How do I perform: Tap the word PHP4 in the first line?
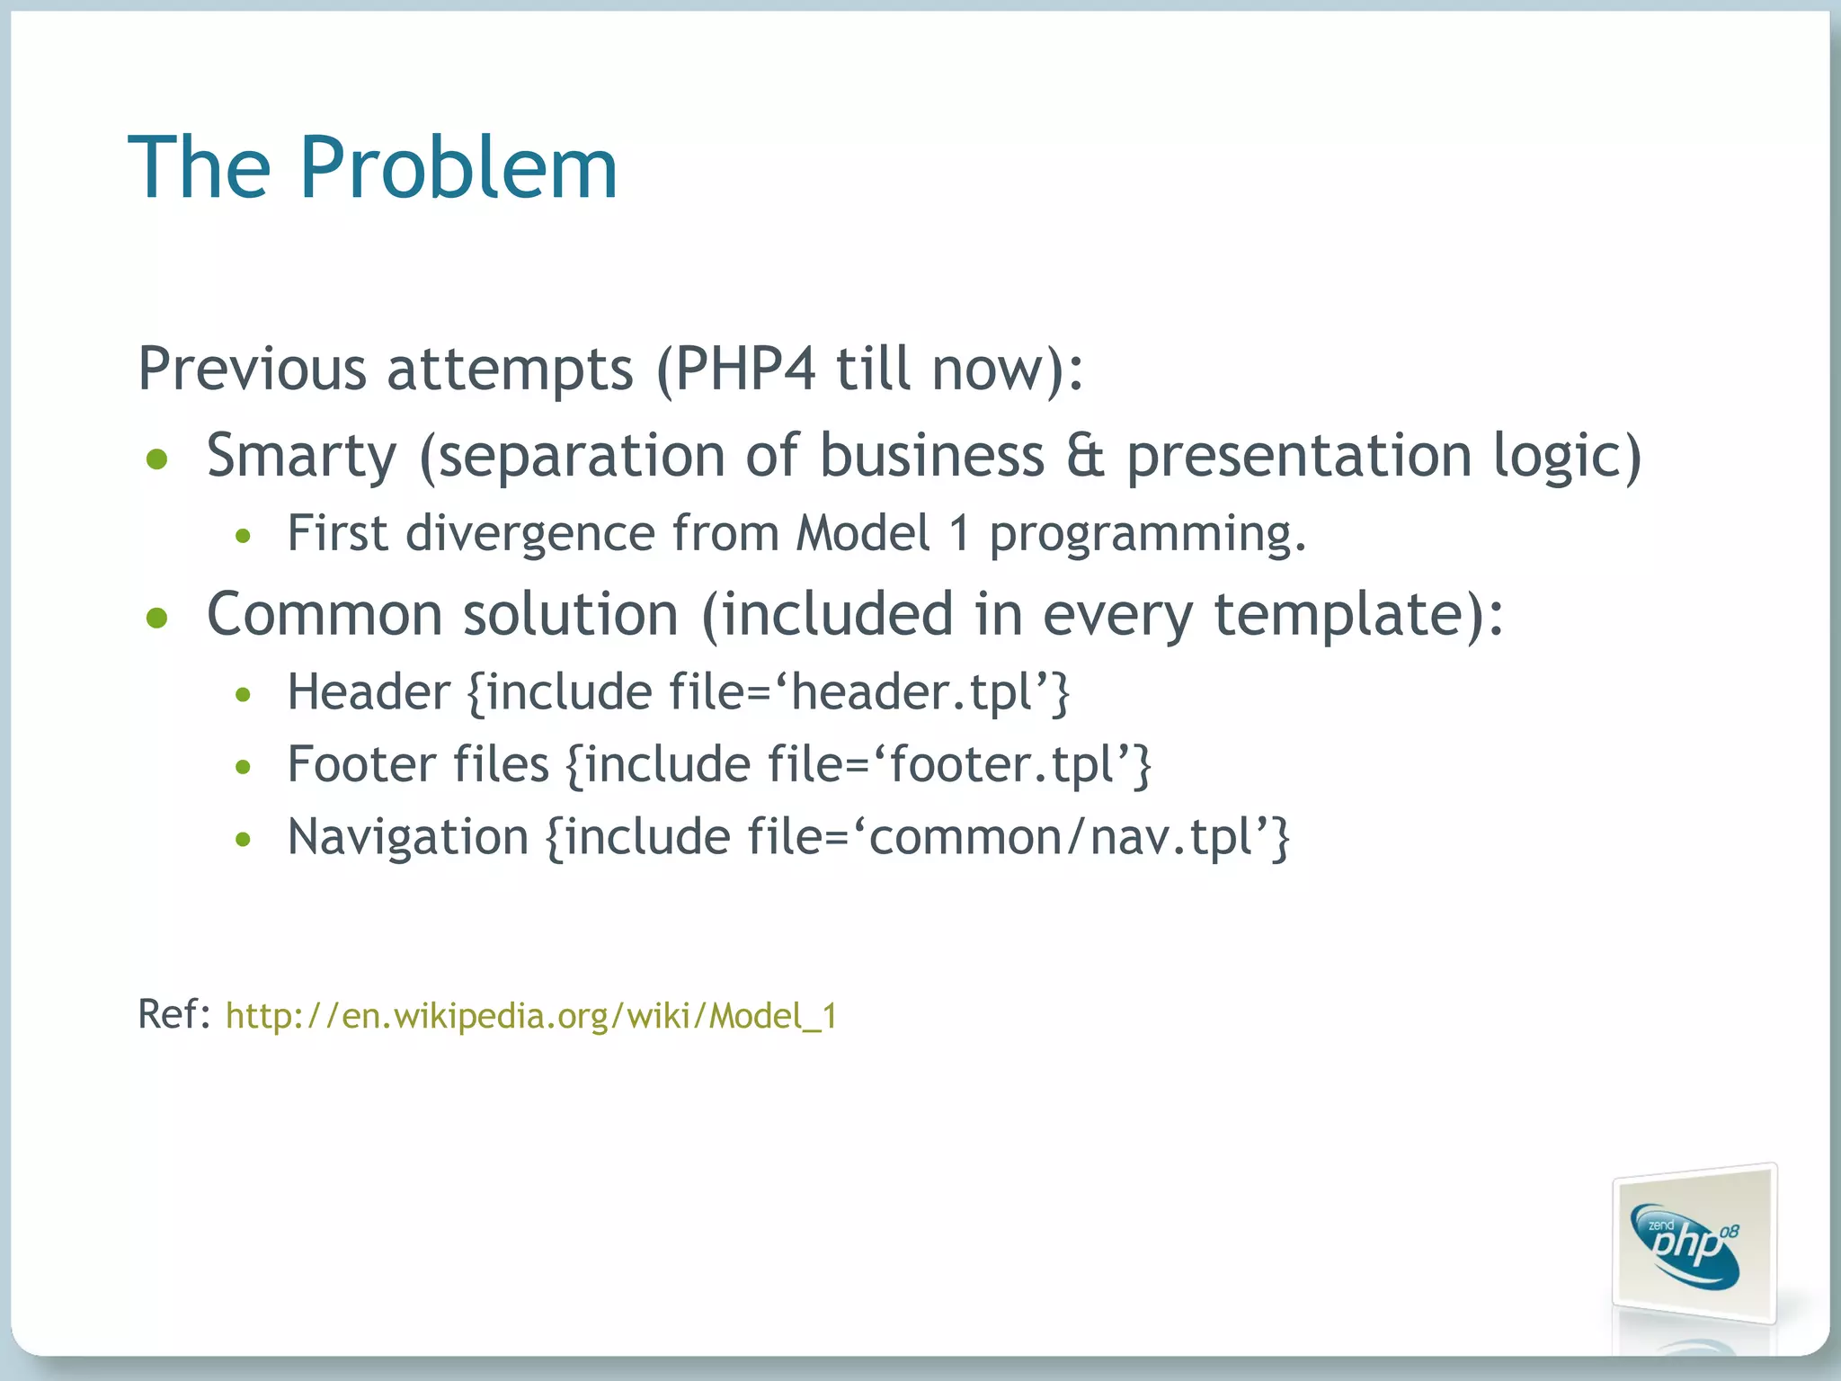click(x=744, y=369)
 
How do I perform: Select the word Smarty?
click(x=301, y=455)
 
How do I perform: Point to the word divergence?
click(x=529, y=533)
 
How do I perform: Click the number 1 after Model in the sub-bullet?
click(x=959, y=533)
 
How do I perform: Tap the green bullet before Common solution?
click(x=157, y=618)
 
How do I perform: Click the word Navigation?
click(x=408, y=838)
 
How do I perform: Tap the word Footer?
click(x=361, y=765)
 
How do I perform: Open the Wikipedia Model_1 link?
click(x=530, y=1016)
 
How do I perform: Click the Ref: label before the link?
click(x=173, y=1014)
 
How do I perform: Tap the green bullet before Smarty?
click(x=157, y=459)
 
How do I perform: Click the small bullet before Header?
click(x=242, y=694)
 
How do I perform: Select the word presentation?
click(x=1299, y=455)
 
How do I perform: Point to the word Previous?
click(x=252, y=369)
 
